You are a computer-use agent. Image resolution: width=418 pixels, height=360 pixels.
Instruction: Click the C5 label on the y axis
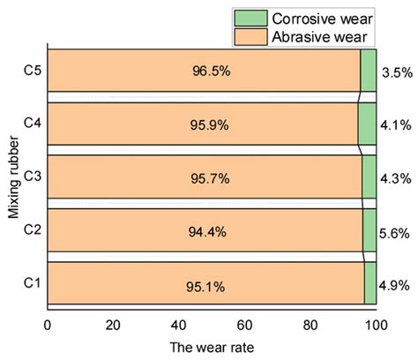coord(31,71)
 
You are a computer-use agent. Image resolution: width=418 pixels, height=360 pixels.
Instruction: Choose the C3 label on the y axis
coord(31,178)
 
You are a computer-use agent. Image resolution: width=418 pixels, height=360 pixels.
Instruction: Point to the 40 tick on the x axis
coord(179,324)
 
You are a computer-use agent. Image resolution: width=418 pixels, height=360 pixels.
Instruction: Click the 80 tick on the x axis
coord(310,324)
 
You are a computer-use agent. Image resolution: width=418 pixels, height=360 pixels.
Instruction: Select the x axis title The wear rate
coord(212,347)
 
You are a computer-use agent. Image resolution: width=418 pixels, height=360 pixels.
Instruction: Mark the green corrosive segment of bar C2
coord(369,232)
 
